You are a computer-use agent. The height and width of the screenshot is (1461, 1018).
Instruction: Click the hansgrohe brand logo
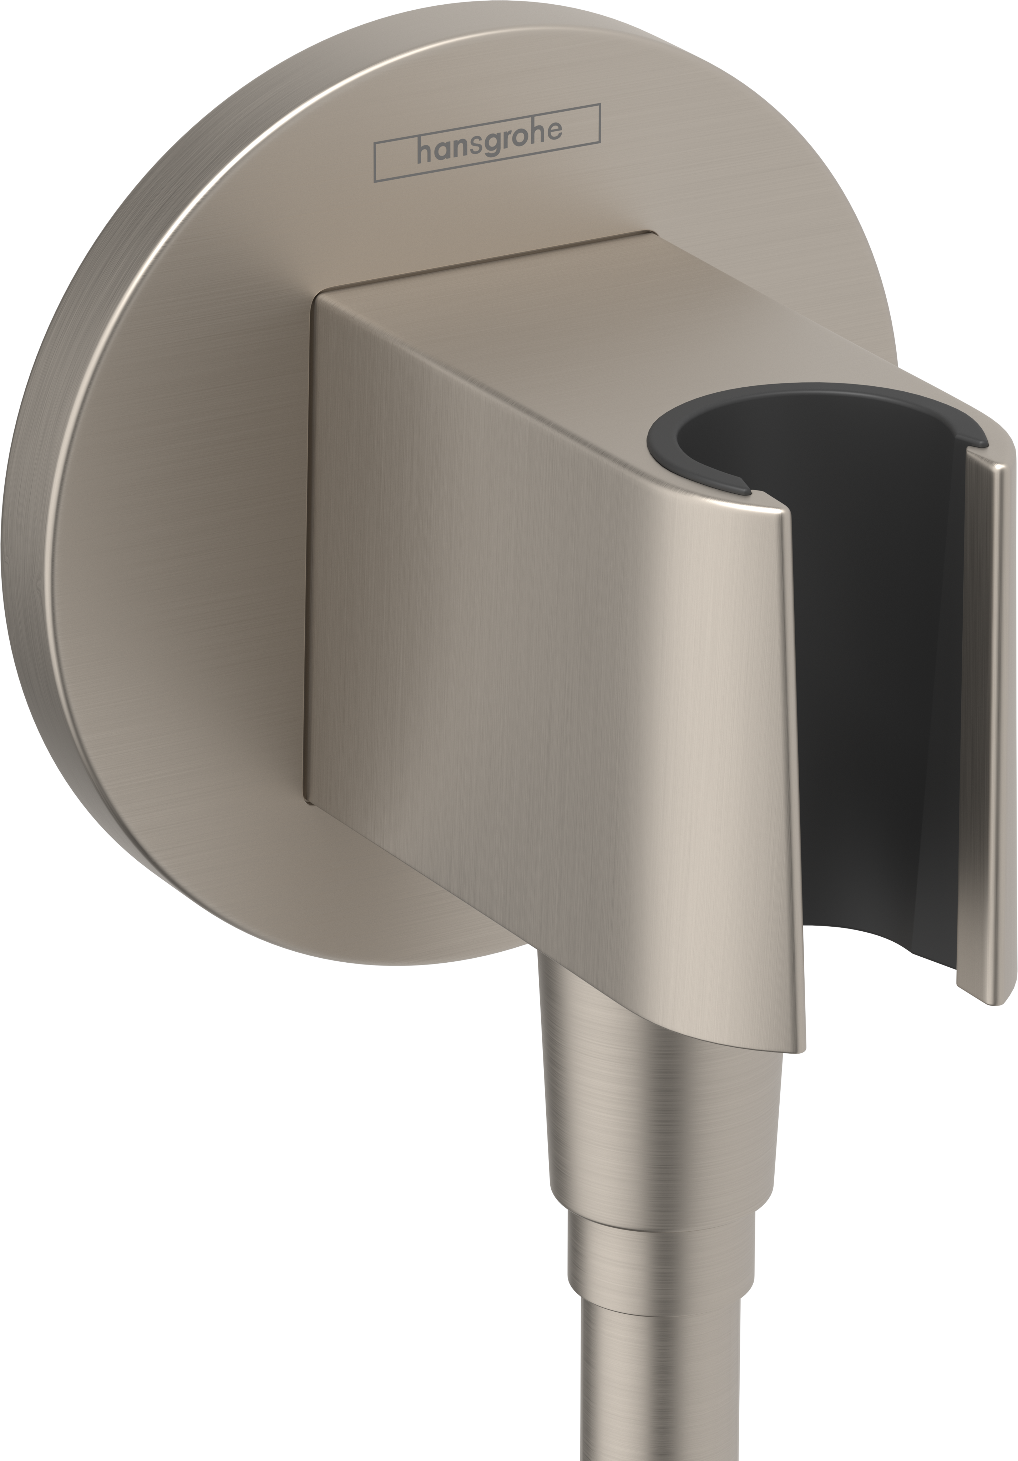tap(487, 143)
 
